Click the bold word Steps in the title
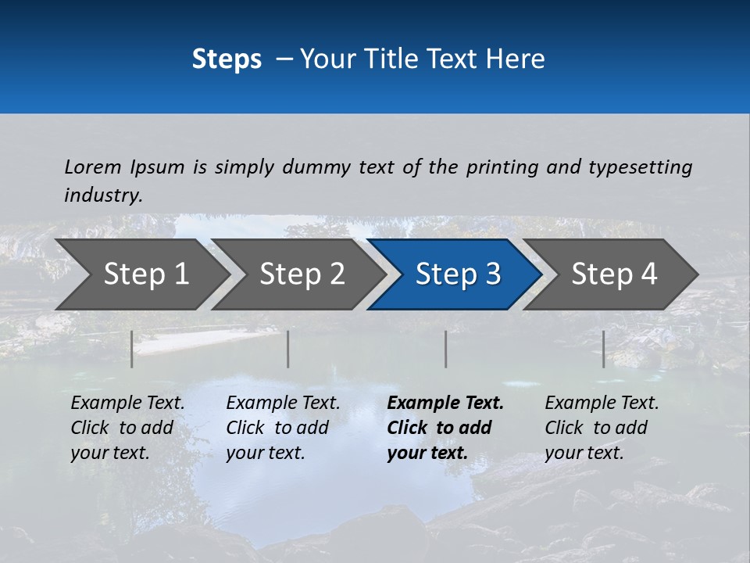pyautogui.click(x=227, y=59)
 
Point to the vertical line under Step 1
pyautogui.click(x=132, y=349)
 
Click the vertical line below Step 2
pyautogui.click(x=288, y=349)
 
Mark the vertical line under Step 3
pyautogui.click(x=446, y=349)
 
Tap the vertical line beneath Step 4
pyautogui.click(x=604, y=349)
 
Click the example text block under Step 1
pyautogui.click(x=127, y=428)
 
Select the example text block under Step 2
pyautogui.click(x=283, y=428)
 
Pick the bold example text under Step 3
pyautogui.click(x=445, y=428)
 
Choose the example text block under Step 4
pyautogui.click(x=602, y=428)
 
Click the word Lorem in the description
pyautogui.click(x=93, y=167)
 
